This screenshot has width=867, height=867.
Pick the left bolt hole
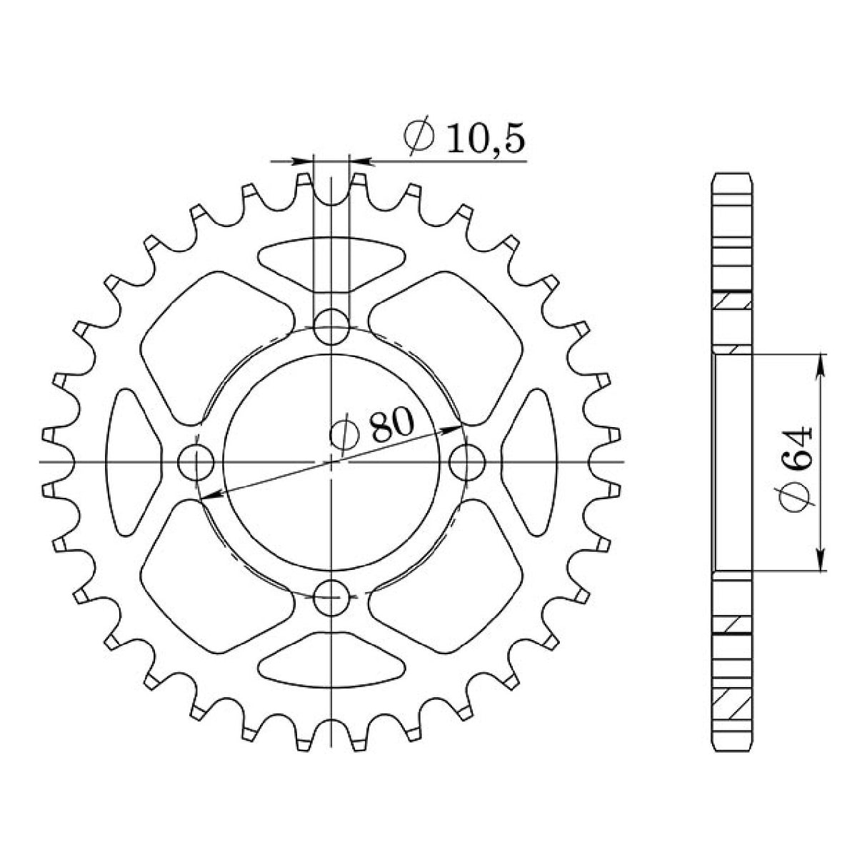tap(195, 463)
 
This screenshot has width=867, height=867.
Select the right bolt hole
tap(468, 463)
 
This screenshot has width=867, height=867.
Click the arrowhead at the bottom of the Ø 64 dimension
tap(821, 561)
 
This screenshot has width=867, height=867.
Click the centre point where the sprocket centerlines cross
tap(331, 462)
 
